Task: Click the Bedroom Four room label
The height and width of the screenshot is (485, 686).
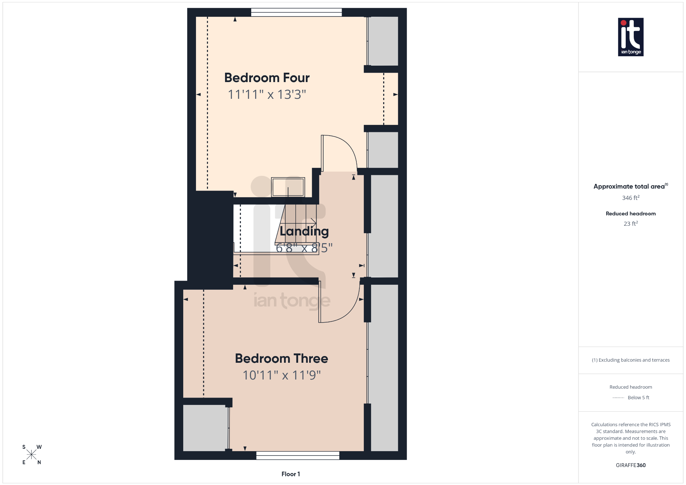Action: point(267,78)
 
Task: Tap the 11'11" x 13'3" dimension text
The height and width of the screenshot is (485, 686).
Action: point(267,94)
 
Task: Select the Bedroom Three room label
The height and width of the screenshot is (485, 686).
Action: point(281,358)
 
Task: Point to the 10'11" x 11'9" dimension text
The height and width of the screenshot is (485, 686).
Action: point(281,375)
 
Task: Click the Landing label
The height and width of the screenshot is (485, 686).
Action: point(304,231)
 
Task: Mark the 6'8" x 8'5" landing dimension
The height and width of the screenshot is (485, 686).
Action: point(304,248)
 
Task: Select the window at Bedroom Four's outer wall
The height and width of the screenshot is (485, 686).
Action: point(296,12)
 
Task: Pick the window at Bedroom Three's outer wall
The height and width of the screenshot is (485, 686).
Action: point(297,455)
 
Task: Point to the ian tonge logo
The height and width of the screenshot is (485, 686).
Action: point(630,37)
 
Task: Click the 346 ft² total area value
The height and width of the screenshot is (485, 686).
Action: point(630,198)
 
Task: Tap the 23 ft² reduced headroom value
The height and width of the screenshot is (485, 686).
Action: point(630,224)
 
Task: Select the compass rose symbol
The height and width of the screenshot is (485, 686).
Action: point(31,455)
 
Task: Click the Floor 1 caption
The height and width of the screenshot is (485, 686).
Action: point(290,474)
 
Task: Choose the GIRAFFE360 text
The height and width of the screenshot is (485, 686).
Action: point(630,465)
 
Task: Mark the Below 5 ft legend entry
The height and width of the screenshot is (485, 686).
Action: point(638,398)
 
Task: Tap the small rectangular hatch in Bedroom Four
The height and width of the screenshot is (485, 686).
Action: point(288,187)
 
